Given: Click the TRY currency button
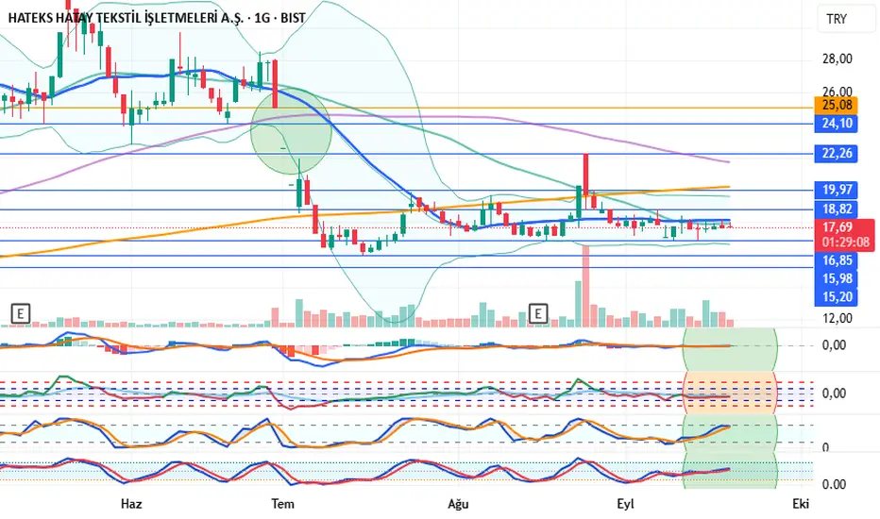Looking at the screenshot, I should click(837, 19).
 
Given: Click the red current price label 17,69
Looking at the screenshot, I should click(839, 226).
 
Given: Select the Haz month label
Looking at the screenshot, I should click(131, 504).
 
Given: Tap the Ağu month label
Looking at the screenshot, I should click(458, 504).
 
